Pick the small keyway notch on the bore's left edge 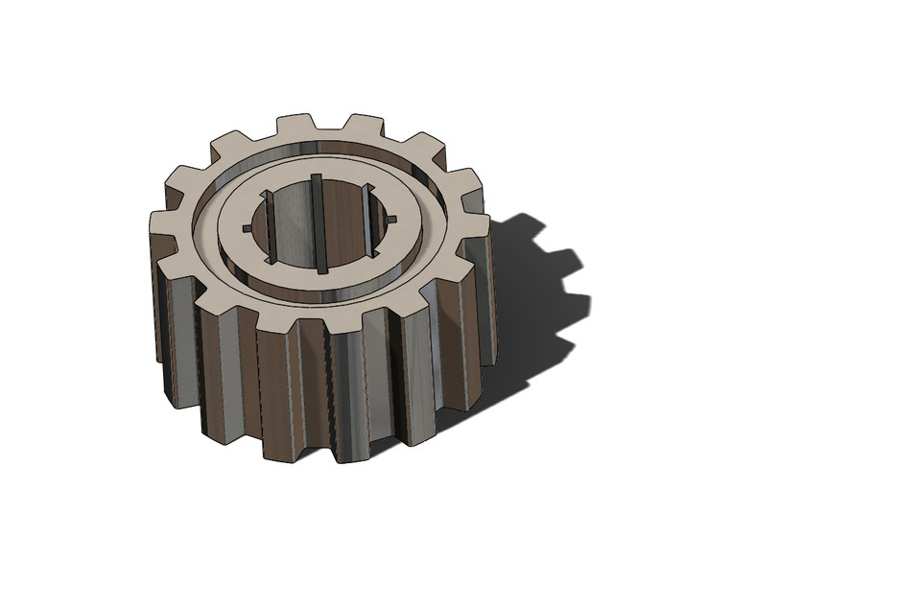point(248,228)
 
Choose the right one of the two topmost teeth point(364,125)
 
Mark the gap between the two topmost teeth point(330,132)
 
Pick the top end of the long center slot point(315,179)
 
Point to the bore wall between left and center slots point(293,230)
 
